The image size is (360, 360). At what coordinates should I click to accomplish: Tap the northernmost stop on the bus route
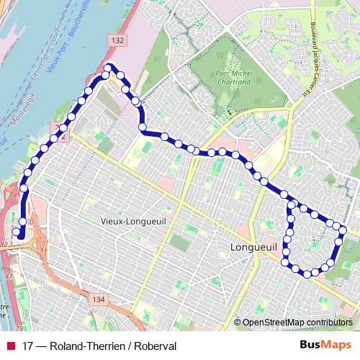coord(109,68)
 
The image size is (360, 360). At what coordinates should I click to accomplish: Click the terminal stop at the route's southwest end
coord(16,232)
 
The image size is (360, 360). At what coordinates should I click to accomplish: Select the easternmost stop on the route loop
coord(343,230)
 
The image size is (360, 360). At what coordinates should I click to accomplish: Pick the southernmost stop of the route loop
coord(307,274)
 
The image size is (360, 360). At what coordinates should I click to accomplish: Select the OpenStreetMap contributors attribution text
coord(297,323)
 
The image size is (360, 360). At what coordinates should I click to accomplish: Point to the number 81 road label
coord(9,276)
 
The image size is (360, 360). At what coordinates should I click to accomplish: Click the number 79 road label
coord(9,329)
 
